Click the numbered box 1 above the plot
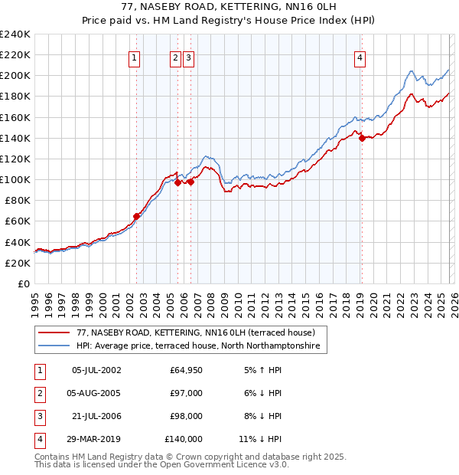135,57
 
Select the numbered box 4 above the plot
360,57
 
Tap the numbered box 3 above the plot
188,57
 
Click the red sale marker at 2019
362,138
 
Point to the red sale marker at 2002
137,216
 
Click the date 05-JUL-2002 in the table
96,370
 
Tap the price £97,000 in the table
186,392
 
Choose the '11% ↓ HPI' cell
260,439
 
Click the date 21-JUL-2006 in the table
96,416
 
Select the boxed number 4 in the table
38,439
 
